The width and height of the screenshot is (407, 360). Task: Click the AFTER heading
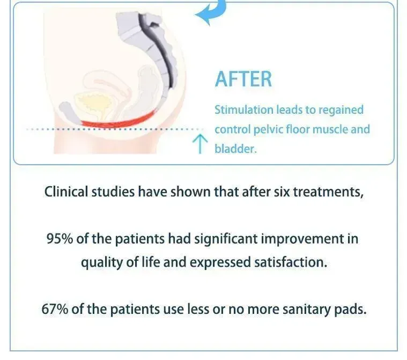click(x=243, y=79)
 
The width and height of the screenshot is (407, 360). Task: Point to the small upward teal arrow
click(x=200, y=144)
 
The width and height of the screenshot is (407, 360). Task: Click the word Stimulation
click(x=244, y=110)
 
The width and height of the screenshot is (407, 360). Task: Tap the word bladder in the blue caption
click(x=235, y=149)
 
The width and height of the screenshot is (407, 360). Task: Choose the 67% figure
click(x=55, y=309)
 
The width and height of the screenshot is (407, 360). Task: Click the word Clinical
click(x=66, y=192)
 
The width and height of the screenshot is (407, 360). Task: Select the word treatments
click(x=329, y=192)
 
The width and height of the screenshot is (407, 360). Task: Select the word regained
click(x=341, y=111)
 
